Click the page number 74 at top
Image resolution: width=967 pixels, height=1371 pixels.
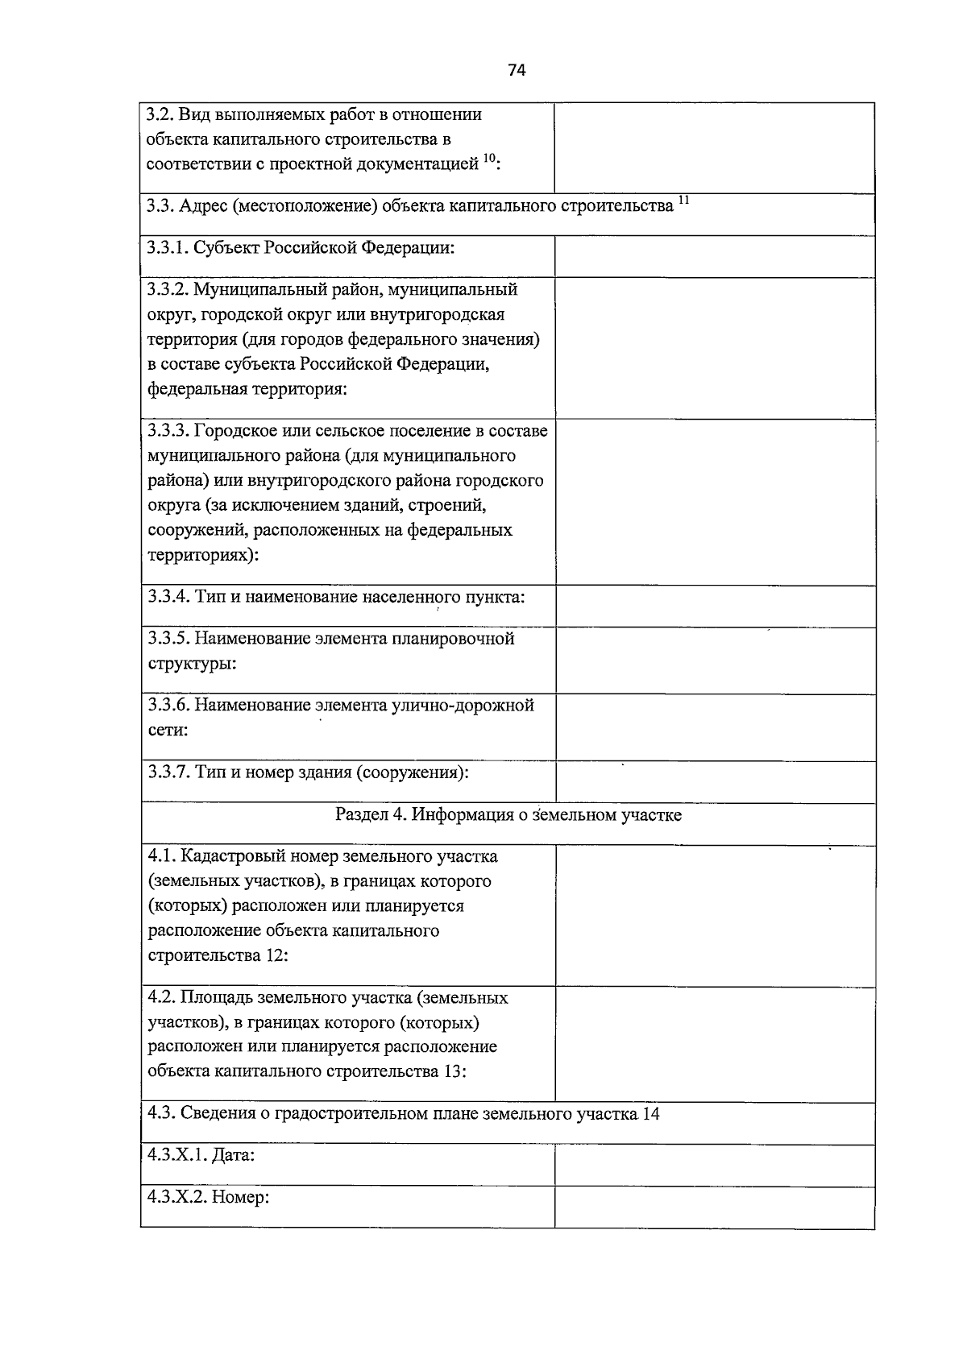click(517, 70)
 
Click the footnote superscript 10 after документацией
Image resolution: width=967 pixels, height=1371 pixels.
click(489, 159)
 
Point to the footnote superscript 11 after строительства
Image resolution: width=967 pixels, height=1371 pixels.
click(683, 200)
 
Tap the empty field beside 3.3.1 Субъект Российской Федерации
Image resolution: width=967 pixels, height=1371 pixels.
click(714, 256)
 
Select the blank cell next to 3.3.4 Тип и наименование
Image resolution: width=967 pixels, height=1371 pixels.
click(714, 606)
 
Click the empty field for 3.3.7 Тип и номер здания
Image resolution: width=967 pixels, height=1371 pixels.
click(714, 781)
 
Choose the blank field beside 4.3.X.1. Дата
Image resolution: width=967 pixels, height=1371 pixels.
click(714, 1165)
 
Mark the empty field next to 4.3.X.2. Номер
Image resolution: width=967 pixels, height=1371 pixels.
click(714, 1206)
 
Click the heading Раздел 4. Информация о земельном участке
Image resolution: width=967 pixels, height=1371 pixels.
click(508, 814)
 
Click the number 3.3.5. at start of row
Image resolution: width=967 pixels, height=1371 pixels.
click(168, 639)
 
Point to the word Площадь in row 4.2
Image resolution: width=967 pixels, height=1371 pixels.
click(215, 997)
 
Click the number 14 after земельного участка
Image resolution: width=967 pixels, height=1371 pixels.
click(651, 1114)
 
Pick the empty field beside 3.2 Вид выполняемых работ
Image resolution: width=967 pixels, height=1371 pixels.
click(714, 147)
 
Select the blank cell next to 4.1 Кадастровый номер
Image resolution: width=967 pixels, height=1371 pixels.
click(714, 914)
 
